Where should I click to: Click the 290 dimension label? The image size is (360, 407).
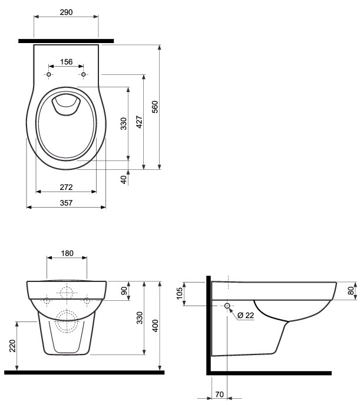pos(66,12)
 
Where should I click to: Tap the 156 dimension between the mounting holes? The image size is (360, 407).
pos(67,62)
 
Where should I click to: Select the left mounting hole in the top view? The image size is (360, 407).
pos(48,74)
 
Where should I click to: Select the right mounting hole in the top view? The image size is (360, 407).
pos(83,74)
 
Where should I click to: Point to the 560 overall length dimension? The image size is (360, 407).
pos(155,107)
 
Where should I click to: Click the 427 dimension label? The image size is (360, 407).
pos(139,122)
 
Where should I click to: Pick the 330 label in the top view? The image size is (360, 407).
pos(124,124)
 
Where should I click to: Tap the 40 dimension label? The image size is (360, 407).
pos(124,180)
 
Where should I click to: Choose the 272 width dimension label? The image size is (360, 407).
pos(66,187)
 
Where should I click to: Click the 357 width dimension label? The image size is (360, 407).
pos(66,203)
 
